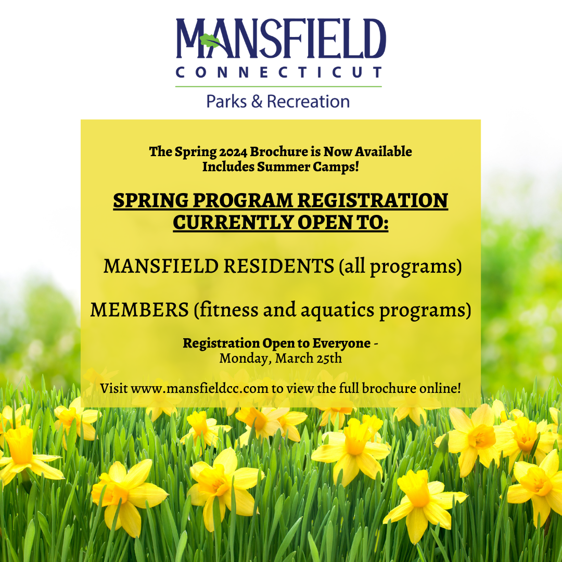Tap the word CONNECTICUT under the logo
point(279,72)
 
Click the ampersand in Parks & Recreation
point(257,101)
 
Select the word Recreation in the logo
point(308,101)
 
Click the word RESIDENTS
point(278,266)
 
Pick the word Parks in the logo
point(226,101)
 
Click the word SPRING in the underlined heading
point(143,201)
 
